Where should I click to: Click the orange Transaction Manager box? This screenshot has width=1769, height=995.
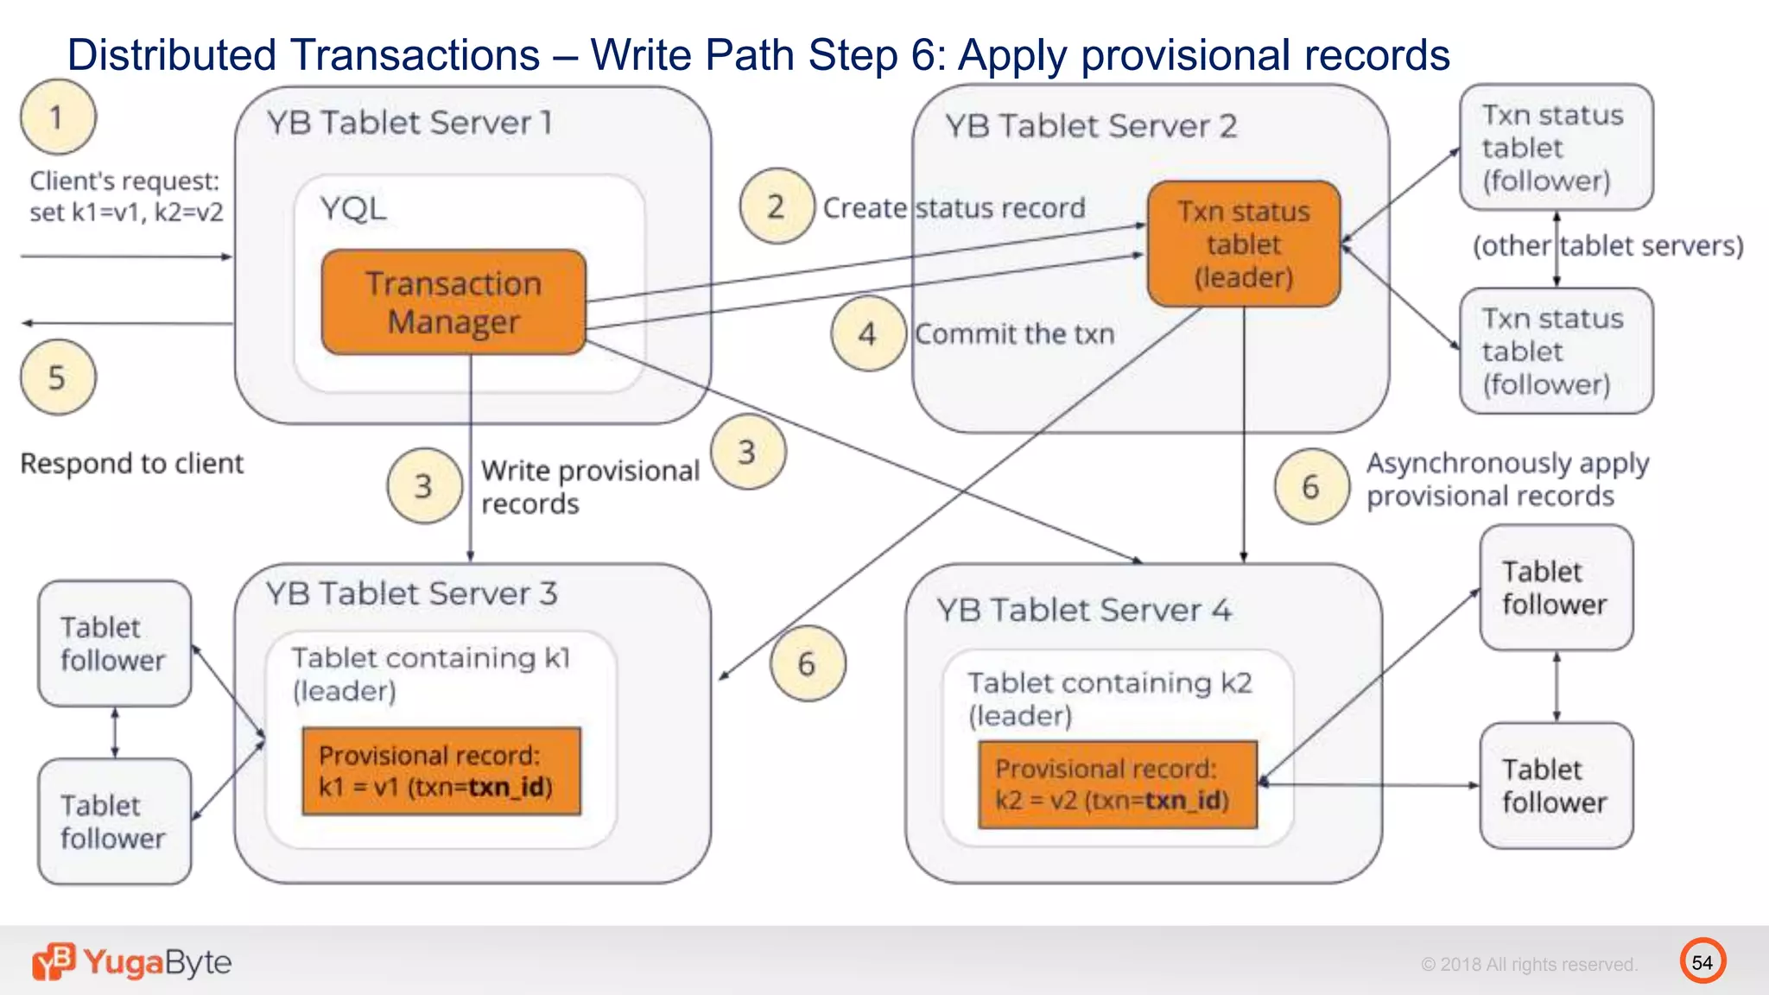pos(453,302)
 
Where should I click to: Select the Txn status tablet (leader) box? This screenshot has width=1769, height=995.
pos(1244,244)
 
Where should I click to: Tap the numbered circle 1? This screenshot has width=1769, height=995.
pos(57,117)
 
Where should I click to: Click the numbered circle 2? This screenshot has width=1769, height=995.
pos(777,206)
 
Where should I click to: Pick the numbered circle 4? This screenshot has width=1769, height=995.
pos(868,333)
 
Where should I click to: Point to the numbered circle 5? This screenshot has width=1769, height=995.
pos(57,377)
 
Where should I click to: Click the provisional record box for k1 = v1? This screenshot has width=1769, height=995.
pos(441,771)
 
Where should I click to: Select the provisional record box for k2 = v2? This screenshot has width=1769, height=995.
pos(1118,784)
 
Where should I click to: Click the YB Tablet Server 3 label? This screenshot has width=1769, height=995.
pos(411,593)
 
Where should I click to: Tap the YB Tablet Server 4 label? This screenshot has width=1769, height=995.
pos(1085,610)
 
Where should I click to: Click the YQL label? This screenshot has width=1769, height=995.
pos(352,209)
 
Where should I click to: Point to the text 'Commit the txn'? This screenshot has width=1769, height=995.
pos(1014,333)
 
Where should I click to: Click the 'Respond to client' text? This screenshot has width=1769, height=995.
pos(132,464)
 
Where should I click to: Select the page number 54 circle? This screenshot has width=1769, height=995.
pos(1702,961)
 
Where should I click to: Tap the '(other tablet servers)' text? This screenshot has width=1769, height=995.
pos(1607,246)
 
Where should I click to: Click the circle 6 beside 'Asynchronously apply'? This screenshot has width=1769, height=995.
pos(1311,486)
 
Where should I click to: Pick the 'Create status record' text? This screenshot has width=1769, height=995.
pos(954,208)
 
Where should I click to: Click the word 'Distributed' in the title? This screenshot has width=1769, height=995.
pos(174,55)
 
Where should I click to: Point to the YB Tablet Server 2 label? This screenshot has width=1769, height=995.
pos(1091,126)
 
